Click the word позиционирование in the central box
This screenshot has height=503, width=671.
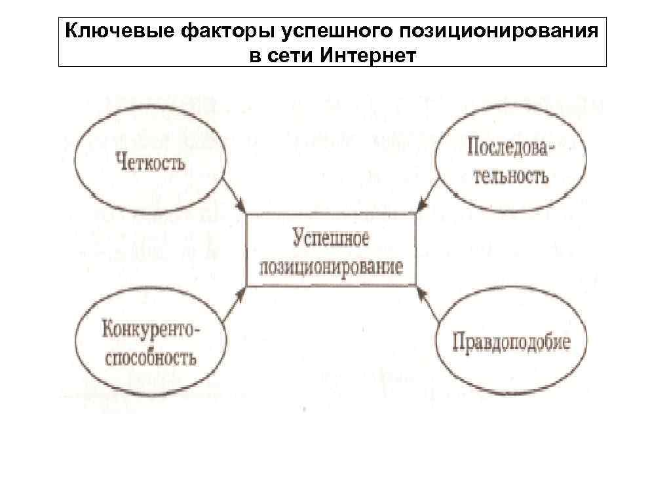(x=331, y=268)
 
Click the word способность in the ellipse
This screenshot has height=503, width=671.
(x=149, y=358)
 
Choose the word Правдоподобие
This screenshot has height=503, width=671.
(x=510, y=342)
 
